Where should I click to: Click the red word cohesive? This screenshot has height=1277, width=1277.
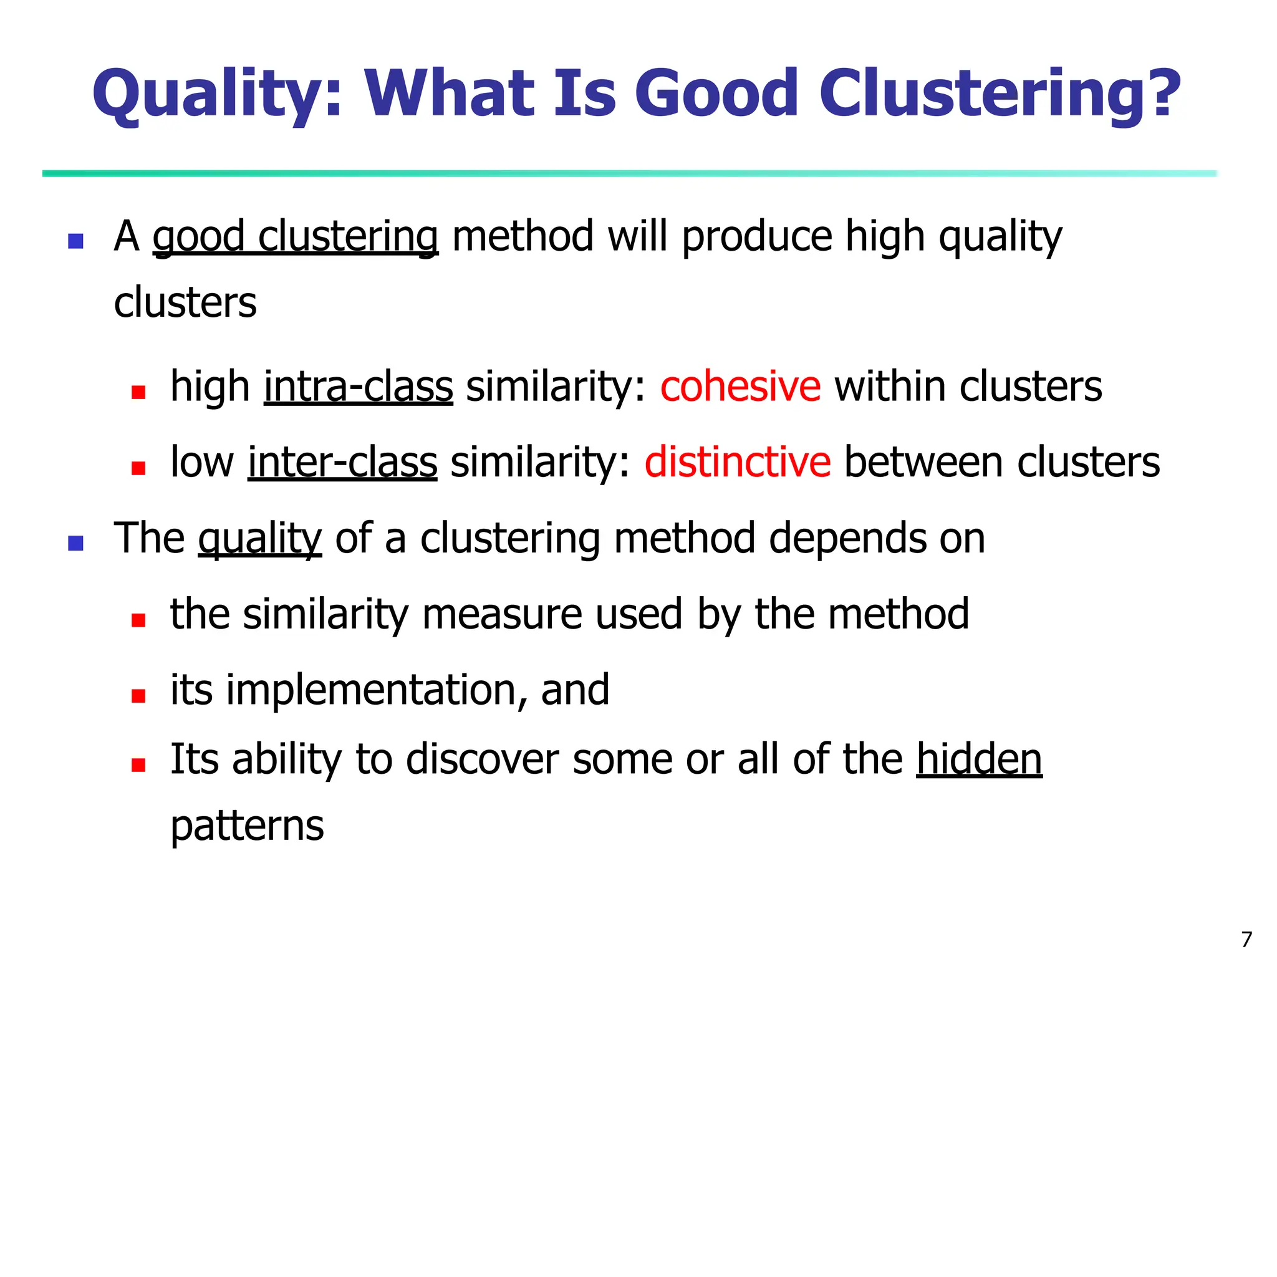[x=740, y=387]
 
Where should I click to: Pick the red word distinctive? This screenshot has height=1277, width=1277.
[x=738, y=462]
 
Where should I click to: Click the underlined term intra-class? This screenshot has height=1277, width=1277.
[x=359, y=387]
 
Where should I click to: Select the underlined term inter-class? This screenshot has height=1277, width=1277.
[x=342, y=462]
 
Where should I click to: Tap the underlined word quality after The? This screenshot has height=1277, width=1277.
[x=260, y=539]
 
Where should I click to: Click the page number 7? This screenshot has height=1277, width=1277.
[x=1246, y=939]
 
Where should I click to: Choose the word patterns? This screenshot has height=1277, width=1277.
[x=247, y=826]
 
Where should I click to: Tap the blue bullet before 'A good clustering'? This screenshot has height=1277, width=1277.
[x=76, y=241]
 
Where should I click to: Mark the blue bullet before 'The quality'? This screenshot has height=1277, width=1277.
[x=76, y=543]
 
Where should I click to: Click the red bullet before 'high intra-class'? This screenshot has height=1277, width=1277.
[x=138, y=393]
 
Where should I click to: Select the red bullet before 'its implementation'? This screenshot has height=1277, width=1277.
[x=138, y=695]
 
